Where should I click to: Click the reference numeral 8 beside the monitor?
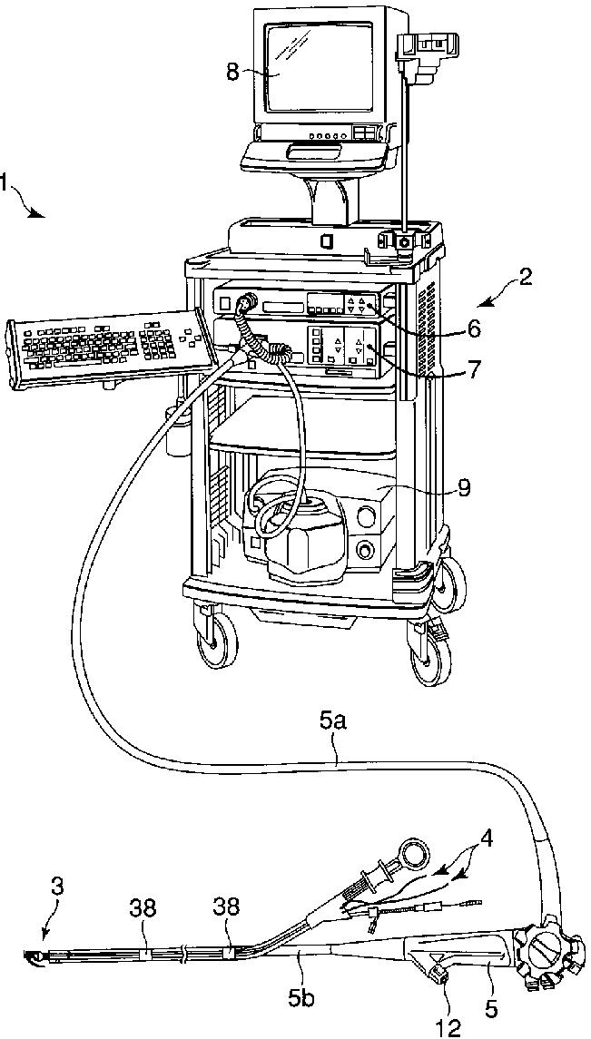point(233,72)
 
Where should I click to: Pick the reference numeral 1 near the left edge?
point(5,184)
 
